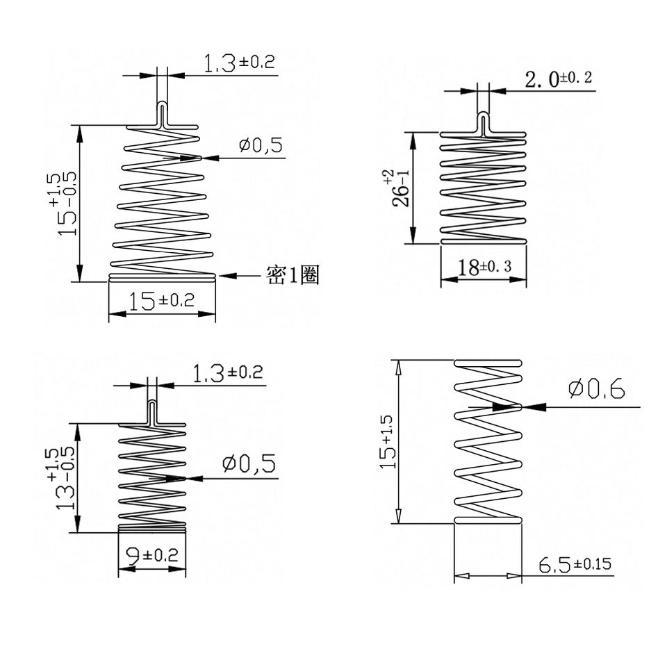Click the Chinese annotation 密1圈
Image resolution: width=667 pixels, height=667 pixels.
[x=293, y=275]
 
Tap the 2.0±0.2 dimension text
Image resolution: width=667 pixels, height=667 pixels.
[x=559, y=79]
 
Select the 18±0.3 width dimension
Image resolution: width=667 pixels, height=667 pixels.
[x=484, y=267]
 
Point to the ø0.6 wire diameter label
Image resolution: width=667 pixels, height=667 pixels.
[x=597, y=388]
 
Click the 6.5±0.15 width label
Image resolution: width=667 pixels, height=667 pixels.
[x=575, y=564]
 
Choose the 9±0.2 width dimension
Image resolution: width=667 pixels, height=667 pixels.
[x=152, y=556]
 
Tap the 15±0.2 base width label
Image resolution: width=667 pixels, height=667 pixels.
[x=161, y=301]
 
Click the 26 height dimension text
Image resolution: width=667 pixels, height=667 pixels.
[x=400, y=188]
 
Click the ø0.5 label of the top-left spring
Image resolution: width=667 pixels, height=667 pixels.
[x=261, y=145]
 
